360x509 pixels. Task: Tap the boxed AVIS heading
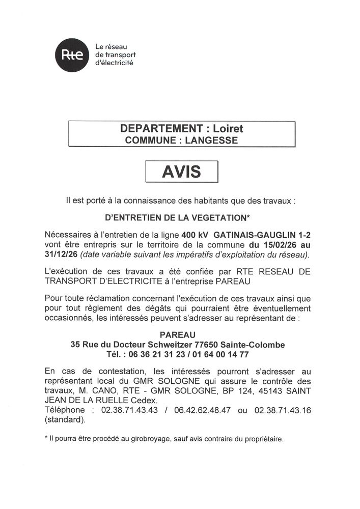(x=181, y=172)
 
